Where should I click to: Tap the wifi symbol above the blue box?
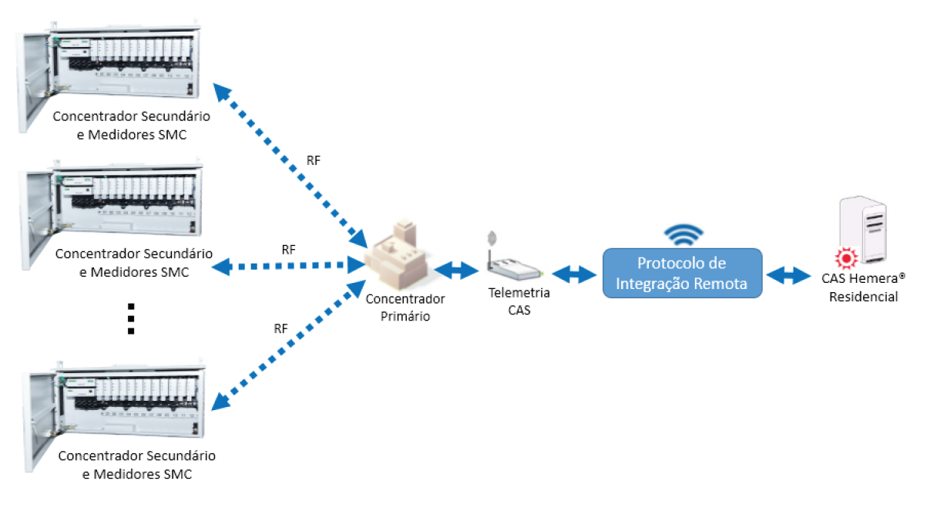(x=683, y=234)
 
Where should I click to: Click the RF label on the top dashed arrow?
(x=313, y=160)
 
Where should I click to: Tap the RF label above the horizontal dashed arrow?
(x=288, y=250)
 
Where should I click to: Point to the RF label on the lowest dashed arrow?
(x=280, y=328)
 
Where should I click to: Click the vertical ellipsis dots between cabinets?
(x=131, y=318)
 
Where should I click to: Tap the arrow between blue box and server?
(x=787, y=274)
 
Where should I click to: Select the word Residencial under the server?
(x=863, y=297)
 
